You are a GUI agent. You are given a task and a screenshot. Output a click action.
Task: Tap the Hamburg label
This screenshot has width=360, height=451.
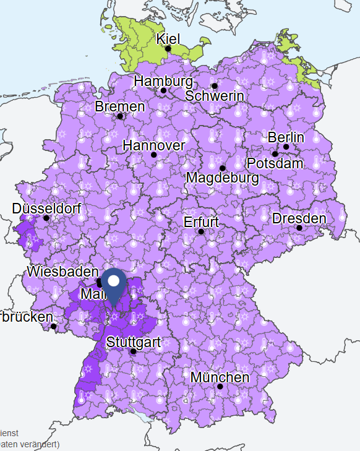163,81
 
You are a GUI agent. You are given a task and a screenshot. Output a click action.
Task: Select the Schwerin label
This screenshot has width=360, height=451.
215,96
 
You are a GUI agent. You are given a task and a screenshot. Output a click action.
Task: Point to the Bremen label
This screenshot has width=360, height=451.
120,106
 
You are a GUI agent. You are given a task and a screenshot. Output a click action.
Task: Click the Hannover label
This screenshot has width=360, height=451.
154,145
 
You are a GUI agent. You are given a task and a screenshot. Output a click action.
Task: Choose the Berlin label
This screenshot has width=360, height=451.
286,137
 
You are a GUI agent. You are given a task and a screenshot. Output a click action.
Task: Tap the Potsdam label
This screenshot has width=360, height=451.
275,163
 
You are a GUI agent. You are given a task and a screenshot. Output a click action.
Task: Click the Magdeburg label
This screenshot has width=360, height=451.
223,178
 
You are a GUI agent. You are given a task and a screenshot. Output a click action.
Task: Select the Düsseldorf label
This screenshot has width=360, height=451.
46,208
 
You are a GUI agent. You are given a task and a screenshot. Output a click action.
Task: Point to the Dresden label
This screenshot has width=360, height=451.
299,218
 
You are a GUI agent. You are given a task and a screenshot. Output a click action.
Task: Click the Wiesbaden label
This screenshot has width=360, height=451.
62,272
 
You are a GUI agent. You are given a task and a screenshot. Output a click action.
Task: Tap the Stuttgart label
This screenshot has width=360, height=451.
134,341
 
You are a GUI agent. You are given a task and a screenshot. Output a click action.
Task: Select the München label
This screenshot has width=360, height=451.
220,377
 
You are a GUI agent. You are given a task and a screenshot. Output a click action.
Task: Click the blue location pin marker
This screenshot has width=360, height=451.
114,285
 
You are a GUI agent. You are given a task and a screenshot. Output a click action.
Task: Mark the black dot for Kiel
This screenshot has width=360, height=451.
168,48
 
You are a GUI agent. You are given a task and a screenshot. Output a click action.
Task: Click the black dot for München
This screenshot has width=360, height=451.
220,387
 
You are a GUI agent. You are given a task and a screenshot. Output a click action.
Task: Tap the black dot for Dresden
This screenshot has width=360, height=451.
299,228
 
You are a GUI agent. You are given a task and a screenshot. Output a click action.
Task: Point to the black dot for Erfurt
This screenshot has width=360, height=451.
201,231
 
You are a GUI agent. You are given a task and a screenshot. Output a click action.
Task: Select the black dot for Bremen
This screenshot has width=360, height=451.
120,116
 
